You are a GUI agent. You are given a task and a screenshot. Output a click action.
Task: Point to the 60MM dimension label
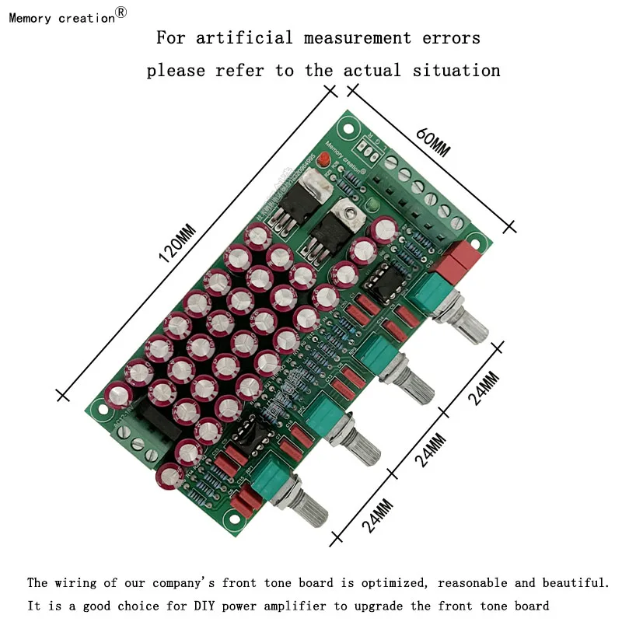[432, 141]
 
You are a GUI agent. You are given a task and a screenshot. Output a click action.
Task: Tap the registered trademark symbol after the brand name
[121, 12]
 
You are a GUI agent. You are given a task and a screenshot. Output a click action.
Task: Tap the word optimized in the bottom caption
[384, 582]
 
